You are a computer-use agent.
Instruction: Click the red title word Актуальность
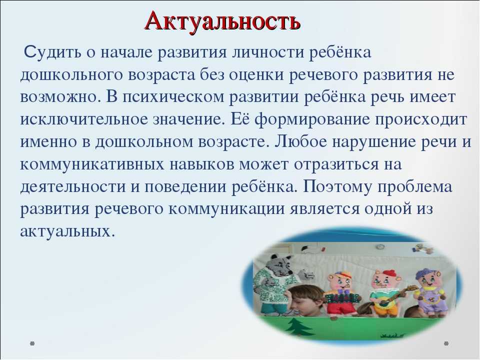point(222,20)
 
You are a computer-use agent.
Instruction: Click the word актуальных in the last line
point(67,231)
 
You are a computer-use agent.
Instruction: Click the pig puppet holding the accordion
point(340,292)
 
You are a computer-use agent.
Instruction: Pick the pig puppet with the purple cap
point(429,291)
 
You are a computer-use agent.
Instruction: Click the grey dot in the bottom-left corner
point(32,343)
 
